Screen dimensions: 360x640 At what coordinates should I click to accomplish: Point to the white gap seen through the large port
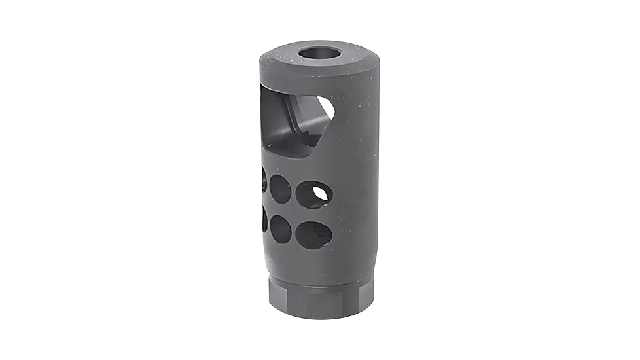coord(325,108)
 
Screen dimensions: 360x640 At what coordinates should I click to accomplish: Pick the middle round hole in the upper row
coord(281,189)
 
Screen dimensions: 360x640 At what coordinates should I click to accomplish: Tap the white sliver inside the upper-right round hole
coord(320,192)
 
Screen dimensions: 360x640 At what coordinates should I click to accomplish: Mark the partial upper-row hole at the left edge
coord(264,179)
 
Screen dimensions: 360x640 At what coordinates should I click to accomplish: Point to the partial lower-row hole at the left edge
coord(264,219)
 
